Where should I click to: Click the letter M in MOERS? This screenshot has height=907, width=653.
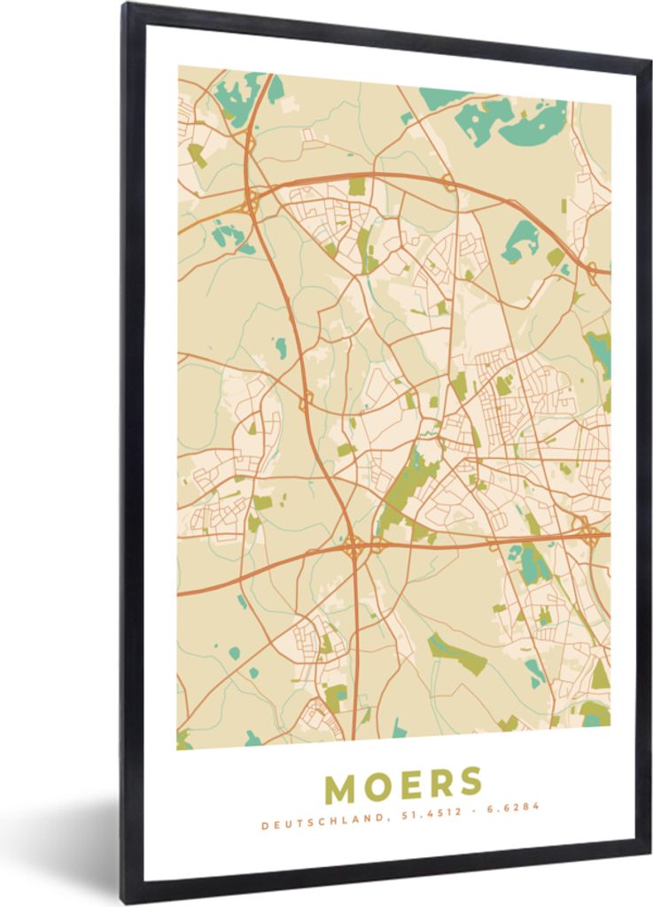tap(341, 785)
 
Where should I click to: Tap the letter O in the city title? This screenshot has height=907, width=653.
tap(377, 785)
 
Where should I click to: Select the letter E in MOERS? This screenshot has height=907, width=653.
tap(410, 785)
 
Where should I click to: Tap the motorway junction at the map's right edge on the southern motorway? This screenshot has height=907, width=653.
tap(587, 531)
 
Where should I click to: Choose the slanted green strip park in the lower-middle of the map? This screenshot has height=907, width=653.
tap(457, 654)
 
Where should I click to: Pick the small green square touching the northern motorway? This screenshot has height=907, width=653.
tap(356, 186)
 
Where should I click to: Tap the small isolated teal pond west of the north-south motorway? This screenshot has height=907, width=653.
tap(281, 347)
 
